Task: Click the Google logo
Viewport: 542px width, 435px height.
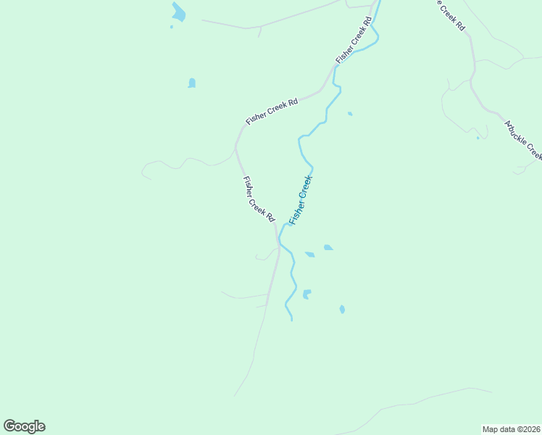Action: [25, 426]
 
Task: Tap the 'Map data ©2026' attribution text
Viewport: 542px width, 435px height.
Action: [511, 428]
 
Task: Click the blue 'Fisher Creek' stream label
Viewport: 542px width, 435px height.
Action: [301, 199]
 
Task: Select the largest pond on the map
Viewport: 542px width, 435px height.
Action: [178, 12]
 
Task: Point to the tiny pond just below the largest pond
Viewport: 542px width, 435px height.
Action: [172, 27]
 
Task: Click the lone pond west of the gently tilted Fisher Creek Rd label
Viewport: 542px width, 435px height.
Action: [191, 83]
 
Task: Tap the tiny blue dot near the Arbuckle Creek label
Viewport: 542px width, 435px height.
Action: [477, 138]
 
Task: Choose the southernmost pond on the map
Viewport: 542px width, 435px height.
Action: [342, 310]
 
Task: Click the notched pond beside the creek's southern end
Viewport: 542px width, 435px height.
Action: [307, 294]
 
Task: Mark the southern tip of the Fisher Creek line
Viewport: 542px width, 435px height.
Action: [291, 319]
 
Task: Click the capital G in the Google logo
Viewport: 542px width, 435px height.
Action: [10, 426]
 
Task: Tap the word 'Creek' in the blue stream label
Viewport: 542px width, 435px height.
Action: [305, 188]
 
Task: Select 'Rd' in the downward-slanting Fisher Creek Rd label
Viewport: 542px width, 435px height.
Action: [270, 216]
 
